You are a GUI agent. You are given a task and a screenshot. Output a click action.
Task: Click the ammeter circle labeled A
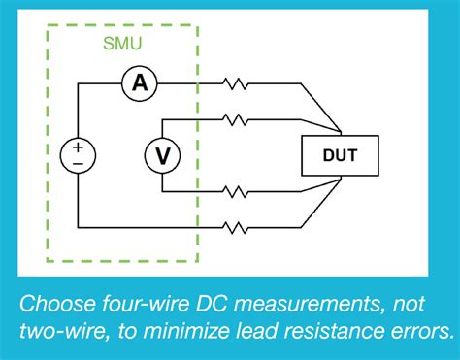click(140, 84)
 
